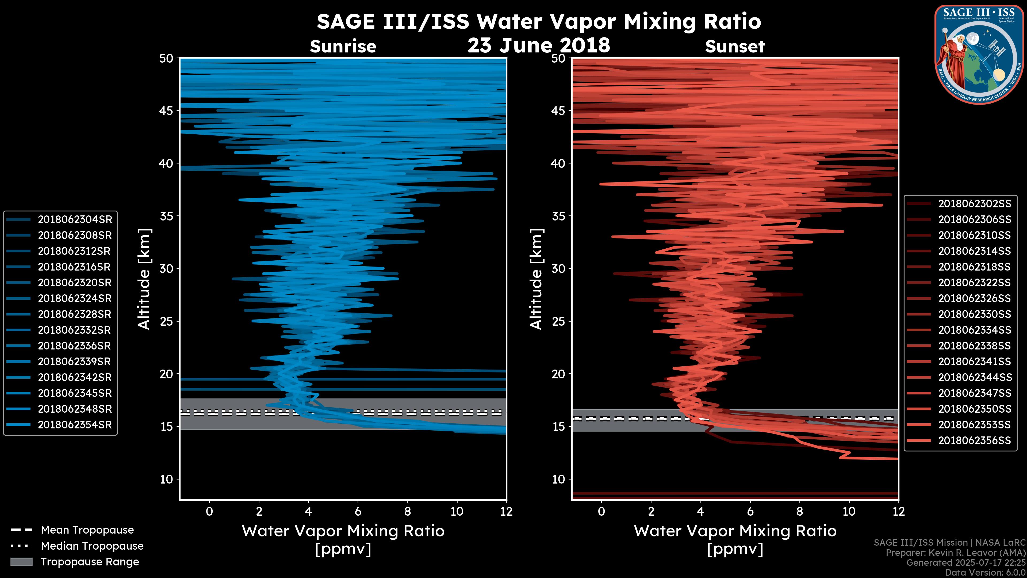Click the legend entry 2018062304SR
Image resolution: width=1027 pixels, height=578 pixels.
pos(75,219)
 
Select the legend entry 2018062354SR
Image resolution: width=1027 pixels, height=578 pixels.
pos(75,425)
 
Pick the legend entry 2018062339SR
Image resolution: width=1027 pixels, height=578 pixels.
pos(75,362)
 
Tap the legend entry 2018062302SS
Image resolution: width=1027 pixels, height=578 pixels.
pos(974,204)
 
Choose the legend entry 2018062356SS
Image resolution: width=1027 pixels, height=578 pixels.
pos(974,440)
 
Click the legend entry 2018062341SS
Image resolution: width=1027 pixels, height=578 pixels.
pos(974,362)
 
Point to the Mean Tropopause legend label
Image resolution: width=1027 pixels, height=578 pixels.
pos(87,530)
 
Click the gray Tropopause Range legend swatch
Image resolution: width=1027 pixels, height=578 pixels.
pos(21,562)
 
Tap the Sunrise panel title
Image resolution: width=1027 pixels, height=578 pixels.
pos(343,47)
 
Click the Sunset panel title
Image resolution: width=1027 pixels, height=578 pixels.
pos(735,47)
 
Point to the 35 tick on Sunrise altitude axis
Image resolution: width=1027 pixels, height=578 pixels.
pos(167,216)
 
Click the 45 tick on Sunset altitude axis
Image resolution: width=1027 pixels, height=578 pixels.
pos(558,111)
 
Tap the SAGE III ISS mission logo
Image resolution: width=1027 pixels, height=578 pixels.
pos(979,54)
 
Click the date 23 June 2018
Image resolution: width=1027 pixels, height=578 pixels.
pos(539,45)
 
